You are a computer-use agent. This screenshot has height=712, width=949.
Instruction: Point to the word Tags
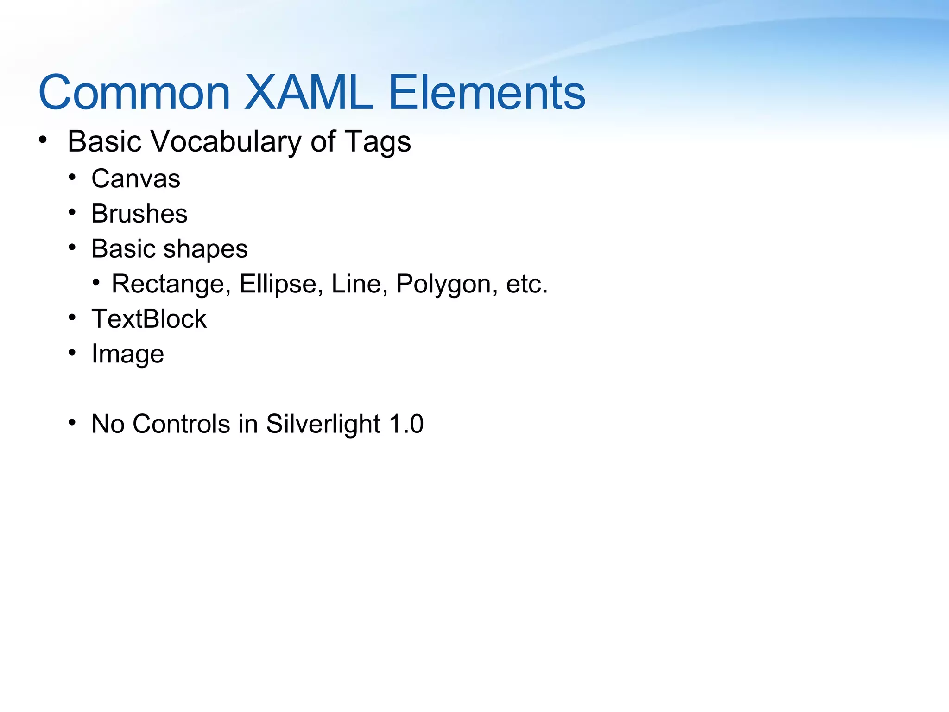[x=377, y=142]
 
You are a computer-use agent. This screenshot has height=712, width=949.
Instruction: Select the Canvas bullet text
[x=136, y=179]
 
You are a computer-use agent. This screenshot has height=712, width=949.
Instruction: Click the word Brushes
[x=139, y=214]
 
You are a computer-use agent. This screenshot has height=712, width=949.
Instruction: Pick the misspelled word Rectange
[x=171, y=284]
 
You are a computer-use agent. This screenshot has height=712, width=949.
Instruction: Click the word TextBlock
[x=149, y=319]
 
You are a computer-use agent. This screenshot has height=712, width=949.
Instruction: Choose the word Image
[x=127, y=355]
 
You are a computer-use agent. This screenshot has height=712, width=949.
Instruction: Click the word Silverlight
[x=323, y=424]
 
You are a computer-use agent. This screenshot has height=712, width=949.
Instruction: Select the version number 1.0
[x=406, y=424]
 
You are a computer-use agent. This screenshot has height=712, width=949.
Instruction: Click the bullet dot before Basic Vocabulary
[x=43, y=140]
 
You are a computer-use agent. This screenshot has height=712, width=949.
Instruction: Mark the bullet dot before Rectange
[x=96, y=282]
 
